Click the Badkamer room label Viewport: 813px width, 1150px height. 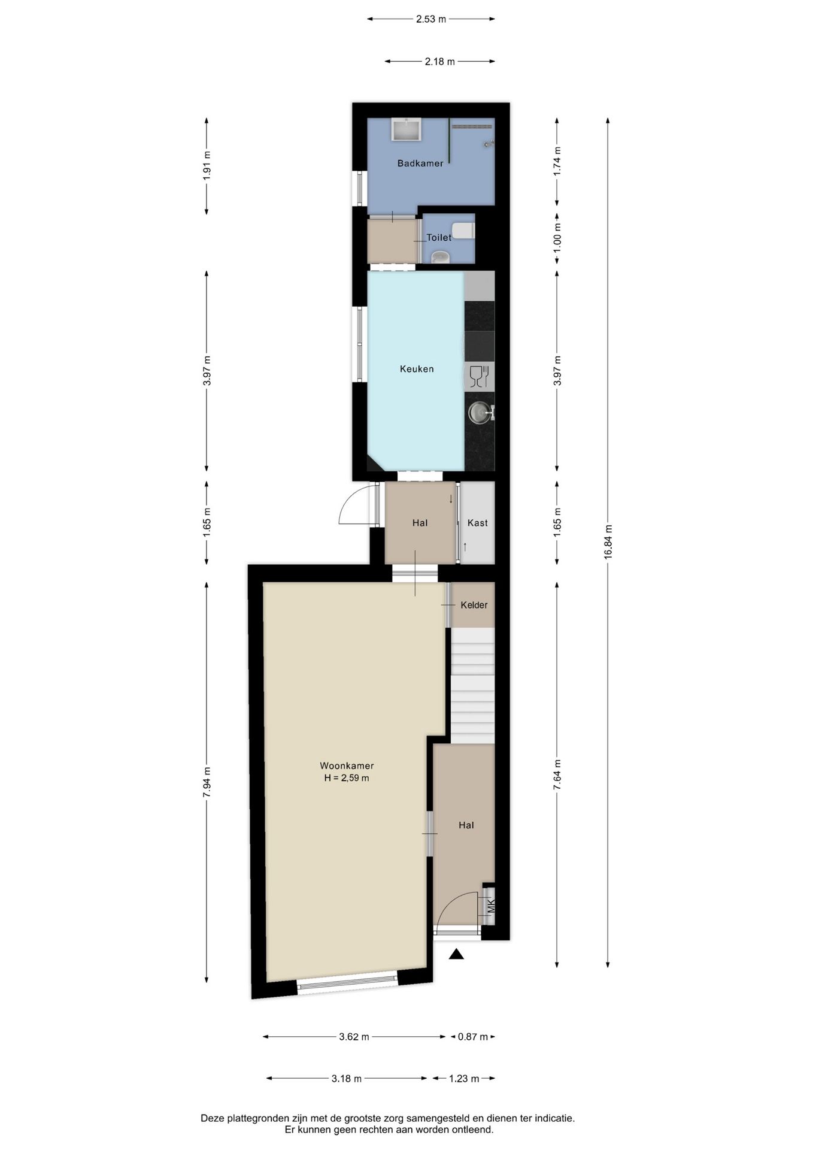tap(420, 163)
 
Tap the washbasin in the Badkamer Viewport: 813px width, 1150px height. tap(406, 129)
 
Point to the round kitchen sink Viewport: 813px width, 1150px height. tap(478, 413)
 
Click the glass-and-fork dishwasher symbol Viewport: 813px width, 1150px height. tap(480, 377)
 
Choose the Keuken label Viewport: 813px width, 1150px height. tap(417, 369)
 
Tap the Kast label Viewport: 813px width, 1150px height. tap(477, 523)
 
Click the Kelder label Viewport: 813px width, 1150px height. tap(474, 605)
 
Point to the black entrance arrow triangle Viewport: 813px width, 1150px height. tap(457, 954)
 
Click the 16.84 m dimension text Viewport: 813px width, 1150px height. tap(608, 542)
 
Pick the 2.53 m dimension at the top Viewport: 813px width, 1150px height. tap(431, 19)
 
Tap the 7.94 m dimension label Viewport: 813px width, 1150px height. tap(207, 782)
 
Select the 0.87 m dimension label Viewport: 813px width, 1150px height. tap(473, 1037)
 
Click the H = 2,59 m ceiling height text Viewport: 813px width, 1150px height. tap(347, 778)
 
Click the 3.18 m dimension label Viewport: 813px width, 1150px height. tap(347, 1079)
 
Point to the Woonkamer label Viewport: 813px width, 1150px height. tap(347, 765)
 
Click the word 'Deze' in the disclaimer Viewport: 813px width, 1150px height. tap(211, 1118)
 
